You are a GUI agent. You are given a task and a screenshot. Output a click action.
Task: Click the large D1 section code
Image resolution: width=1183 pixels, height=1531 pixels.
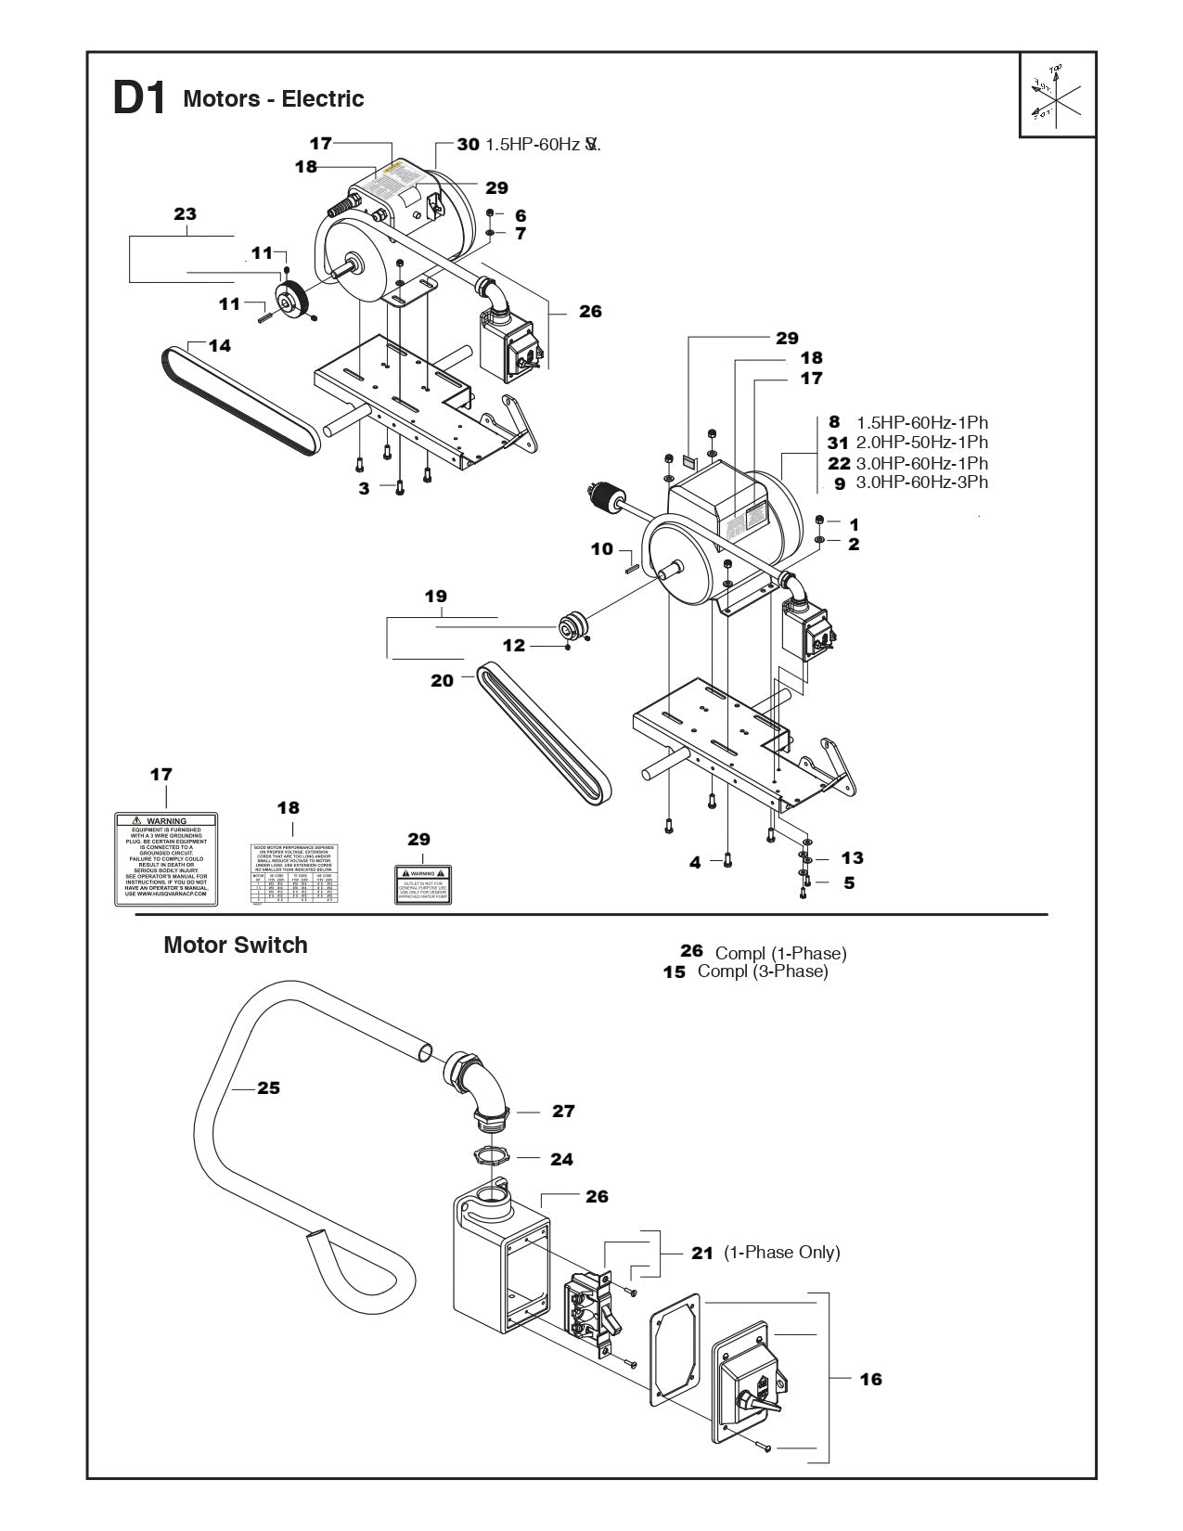tap(138, 99)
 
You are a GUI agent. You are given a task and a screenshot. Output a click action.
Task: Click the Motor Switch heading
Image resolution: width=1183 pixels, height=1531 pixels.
tap(235, 945)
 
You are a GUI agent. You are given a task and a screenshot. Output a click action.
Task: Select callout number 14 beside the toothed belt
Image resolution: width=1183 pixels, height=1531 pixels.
tap(219, 346)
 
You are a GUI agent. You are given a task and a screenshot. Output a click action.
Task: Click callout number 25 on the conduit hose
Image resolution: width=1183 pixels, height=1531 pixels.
tap(268, 1087)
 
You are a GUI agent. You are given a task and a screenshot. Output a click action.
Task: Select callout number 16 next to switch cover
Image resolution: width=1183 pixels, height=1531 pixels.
tap(870, 1379)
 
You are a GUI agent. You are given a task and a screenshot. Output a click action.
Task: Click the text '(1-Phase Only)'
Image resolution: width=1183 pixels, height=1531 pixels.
tap(781, 1253)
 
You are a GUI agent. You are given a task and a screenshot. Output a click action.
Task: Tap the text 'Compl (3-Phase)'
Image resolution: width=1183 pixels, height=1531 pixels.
tap(762, 971)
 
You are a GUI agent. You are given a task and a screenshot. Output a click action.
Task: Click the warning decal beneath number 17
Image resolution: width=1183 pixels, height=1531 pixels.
tap(166, 859)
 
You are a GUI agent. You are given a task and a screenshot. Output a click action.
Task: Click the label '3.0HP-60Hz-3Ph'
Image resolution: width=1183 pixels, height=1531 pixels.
tap(921, 482)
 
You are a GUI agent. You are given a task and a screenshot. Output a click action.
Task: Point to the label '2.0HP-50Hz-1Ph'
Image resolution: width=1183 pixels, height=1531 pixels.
tap(921, 443)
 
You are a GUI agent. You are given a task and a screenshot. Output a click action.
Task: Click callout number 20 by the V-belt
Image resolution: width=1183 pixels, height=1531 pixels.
tap(442, 680)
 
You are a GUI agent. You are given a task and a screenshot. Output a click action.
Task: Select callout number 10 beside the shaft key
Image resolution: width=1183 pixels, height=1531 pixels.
tap(602, 549)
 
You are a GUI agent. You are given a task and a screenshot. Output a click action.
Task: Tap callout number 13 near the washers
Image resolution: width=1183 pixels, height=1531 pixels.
tap(852, 858)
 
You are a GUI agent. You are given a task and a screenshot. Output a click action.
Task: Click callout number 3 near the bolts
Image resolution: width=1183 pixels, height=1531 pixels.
tap(365, 487)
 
